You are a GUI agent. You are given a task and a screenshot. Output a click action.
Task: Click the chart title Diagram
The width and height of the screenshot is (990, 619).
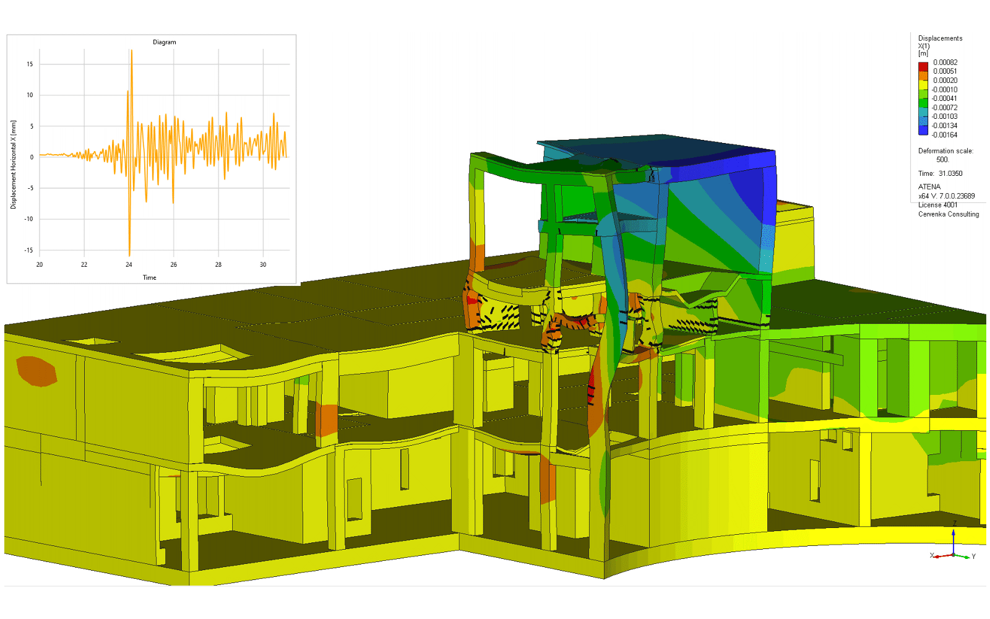[165, 42]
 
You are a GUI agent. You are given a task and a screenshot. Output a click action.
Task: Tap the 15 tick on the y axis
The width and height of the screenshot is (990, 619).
[30, 64]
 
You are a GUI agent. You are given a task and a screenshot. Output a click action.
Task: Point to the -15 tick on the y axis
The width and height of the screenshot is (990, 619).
[28, 250]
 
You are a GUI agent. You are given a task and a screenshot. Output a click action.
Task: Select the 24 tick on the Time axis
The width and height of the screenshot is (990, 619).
[129, 264]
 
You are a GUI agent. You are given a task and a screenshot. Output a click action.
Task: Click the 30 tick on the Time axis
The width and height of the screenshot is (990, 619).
[263, 264]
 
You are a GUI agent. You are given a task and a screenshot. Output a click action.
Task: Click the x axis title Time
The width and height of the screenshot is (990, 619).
[149, 278]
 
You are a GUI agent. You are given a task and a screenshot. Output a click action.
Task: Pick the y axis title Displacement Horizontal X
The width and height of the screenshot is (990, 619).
[13, 165]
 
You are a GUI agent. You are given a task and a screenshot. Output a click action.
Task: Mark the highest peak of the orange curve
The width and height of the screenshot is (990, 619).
[131, 50]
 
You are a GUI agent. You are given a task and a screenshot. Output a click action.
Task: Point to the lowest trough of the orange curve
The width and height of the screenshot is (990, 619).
[129, 256]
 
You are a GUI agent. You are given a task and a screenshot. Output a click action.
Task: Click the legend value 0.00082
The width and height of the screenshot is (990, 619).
[945, 63]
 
